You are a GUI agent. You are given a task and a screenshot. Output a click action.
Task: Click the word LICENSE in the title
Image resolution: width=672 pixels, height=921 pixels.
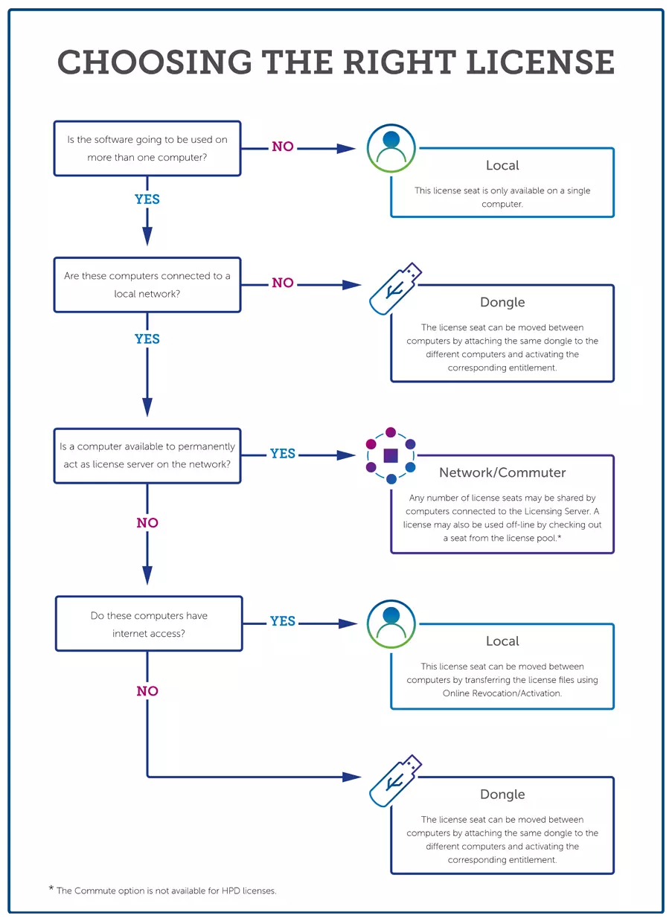pyautogui.click(x=540, y=62)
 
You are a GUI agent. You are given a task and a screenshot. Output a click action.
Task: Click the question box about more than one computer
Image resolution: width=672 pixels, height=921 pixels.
pyautogui.click(x=147, y=148)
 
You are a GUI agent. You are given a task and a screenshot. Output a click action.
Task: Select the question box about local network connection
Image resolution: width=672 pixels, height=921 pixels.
pyautogui.click(x=147, y=285)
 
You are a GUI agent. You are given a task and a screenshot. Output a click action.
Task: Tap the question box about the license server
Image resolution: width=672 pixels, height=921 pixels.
pyautogui.click(x=147, y=455)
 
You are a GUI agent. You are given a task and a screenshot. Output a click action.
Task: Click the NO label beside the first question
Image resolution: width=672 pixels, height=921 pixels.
pyautogui.click(x=283, y=147)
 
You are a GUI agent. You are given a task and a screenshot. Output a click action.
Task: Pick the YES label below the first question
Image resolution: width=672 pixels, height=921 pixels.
pyautogui.click(x=147, y=199)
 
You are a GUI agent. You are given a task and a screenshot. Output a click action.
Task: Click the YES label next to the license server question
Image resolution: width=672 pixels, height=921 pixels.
pyautogui.click(x=283, y=453)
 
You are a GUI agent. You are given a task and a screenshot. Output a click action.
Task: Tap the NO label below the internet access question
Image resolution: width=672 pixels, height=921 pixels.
pyautogui.click(x=147, y=691)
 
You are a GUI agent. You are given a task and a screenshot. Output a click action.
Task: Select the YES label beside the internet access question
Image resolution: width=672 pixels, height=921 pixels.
pyautogui.click(x=283, y=621)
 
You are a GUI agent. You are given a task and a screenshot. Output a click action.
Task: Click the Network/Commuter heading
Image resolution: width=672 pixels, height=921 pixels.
pyautogui.click(x=502, y=472)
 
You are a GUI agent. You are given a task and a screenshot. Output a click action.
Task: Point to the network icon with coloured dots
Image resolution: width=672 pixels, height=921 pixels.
pyautogui.click(x=391, y=455)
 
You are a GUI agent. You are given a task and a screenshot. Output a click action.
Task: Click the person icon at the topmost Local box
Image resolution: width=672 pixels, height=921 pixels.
pyautogui.click(x=391, y=148)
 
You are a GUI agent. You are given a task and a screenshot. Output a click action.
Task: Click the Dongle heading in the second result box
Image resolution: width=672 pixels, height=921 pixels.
pyautogui.click(x=502, y=302)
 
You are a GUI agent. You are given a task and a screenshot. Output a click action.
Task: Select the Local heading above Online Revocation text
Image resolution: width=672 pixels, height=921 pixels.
pyautogui.click(x=502, y=641)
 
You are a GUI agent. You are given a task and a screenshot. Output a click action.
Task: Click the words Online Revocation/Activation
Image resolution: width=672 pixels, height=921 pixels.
pyautogui.click(x=502, y=693)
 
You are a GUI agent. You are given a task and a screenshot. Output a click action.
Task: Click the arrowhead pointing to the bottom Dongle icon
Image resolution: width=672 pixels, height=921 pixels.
pyautogui.click(x=351, y=777)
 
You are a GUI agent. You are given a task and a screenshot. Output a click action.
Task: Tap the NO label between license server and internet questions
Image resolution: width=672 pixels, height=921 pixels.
pyautogui.click(x=147, y=523)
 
